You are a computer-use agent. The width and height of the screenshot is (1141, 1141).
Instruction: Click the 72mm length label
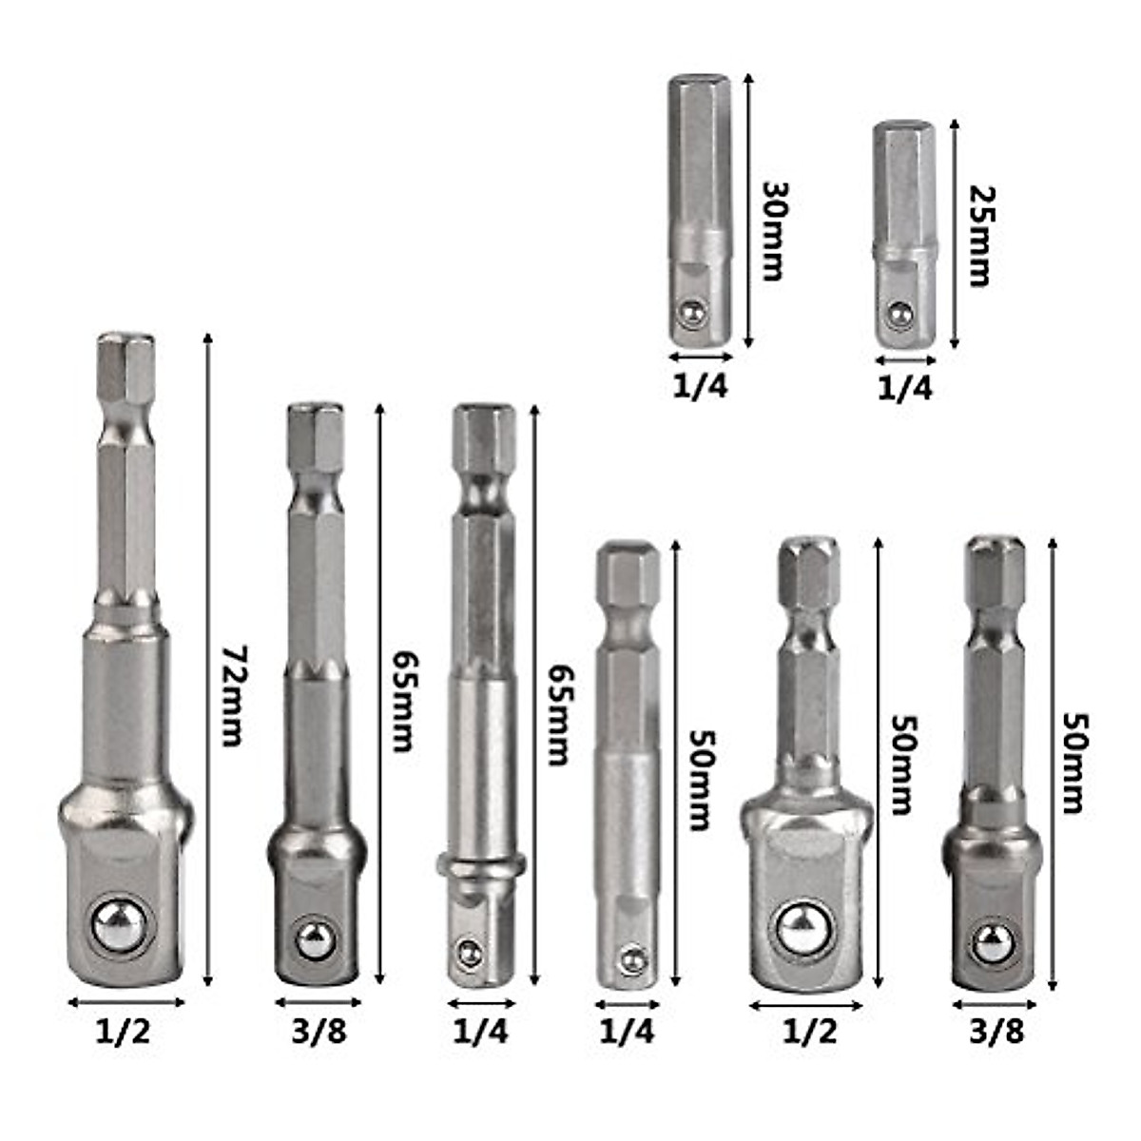point(232,696)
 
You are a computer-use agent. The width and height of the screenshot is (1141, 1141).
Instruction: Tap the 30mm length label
point(772,230)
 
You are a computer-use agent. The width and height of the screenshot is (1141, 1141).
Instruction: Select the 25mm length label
point(978,234)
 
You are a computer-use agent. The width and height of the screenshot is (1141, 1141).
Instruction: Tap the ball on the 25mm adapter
point(899,312)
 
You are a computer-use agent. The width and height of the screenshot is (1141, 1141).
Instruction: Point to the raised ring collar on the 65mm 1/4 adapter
point(481,865)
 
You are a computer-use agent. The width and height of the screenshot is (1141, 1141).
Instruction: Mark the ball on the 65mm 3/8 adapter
point(316,941)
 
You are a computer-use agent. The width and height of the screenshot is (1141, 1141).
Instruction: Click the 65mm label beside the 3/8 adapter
point(404,702)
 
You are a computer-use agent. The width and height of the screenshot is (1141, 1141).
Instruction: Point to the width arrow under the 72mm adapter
point(126,1001)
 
